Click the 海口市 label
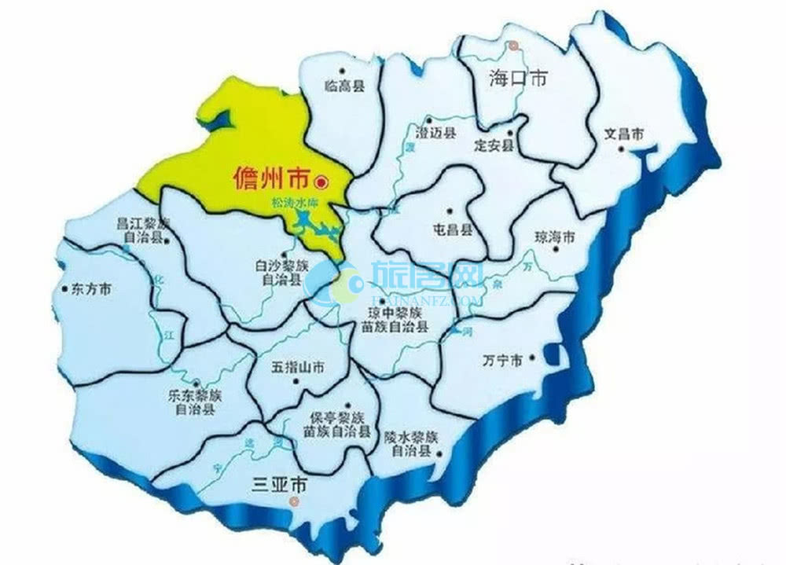pos(516,79)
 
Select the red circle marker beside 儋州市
pos(321,182)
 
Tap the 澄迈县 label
pos(436,134)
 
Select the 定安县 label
pos(494,146)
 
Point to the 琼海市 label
pos(555,237)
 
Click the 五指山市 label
pos(298,368)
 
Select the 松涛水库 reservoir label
pos(288,203)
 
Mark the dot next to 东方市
pos(64,288)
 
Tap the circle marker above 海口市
pos(513,46)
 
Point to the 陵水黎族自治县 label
pos(410,444)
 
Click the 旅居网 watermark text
pos(426,276)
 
